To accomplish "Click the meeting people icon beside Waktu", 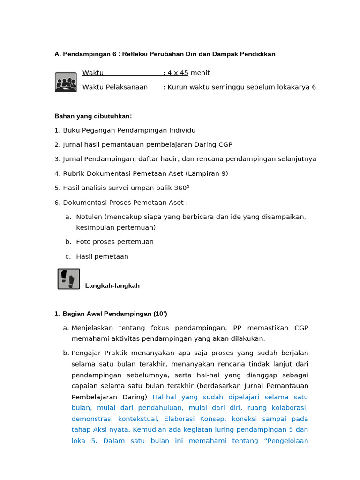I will (x=66, y=82).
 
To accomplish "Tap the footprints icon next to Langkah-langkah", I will (x=68, y=279).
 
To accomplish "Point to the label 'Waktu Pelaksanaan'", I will (x=115, y=87).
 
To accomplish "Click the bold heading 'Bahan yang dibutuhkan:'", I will (x=93, y=116).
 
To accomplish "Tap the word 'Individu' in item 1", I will (x=182, y=130).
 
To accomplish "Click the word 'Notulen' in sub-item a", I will (x=89, y=217).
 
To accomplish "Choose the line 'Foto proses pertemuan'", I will (x=115, y=242).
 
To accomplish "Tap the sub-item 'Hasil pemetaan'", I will (x=102, y=256).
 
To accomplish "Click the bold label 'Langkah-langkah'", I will (x=112, y=286).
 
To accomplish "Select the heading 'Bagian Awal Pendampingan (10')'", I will (x=114, y=314).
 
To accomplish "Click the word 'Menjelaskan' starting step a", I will (x=92, y=328).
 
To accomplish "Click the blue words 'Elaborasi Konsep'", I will (x=190, y=419).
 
